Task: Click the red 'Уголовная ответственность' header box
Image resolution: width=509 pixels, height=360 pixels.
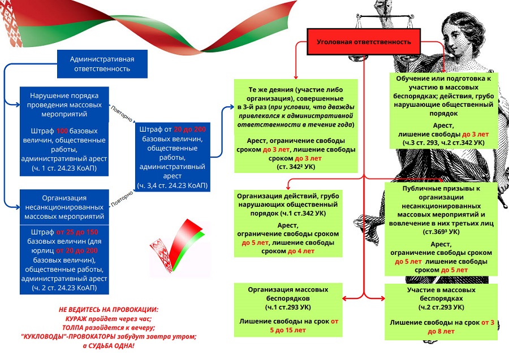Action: point(364,42)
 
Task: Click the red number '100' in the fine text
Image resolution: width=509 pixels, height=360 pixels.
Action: point(62,131)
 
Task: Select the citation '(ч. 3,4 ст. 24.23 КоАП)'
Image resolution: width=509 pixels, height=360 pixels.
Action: point(172,185)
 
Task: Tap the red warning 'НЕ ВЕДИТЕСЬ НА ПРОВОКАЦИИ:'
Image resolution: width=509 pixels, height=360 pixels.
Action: point(108,310)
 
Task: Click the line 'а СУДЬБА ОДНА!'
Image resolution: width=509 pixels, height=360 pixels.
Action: point(109,345)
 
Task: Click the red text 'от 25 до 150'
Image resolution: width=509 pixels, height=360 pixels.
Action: point(77,232)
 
